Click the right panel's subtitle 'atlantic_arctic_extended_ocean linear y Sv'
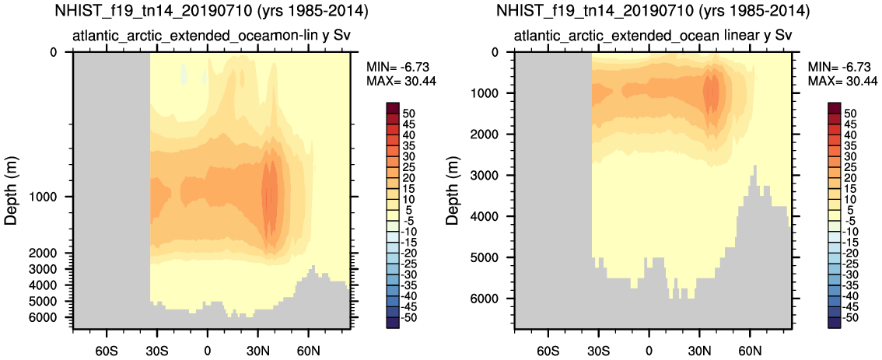pyautogui.click(x=653, y=36)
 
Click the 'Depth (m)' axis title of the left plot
pyautogui.click(x=12, y=187)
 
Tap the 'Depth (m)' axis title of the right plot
pyautogui.click(x=453, y=187)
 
